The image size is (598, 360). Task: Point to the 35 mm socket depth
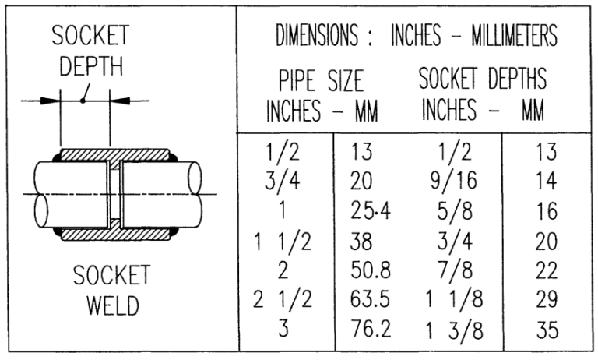click(547, 330)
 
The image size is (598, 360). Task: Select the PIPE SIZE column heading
click(321, 81)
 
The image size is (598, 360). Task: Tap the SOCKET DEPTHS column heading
click(483, 79)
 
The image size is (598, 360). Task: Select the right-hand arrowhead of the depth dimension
click(118, 100)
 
